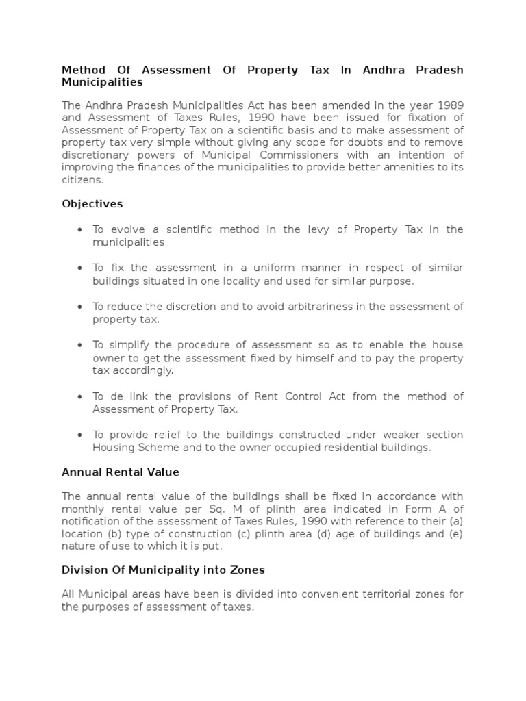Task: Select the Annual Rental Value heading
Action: click(121, 472)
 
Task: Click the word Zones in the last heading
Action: click(246, 570)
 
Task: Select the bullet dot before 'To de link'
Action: click(81, 397)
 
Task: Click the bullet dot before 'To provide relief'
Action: click(81, 435)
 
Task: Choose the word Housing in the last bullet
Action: click(114, 448)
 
